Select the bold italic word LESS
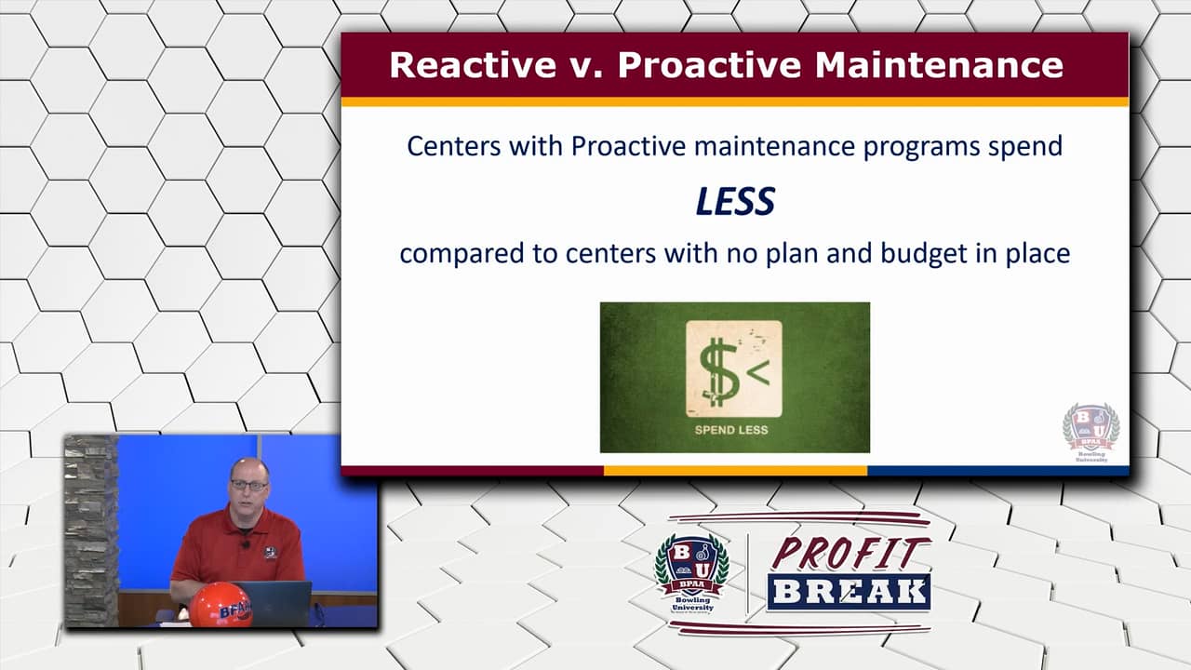pos(735,201)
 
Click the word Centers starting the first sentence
pos(446,146)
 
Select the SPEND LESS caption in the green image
pos(731,430)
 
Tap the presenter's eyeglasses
pos(249,486)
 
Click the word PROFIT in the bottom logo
pos(850,554)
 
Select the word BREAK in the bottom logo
pos(849,592)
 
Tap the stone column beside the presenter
pos(90,530)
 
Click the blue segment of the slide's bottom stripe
pos(997,471)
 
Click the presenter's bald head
pos(248,465)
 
